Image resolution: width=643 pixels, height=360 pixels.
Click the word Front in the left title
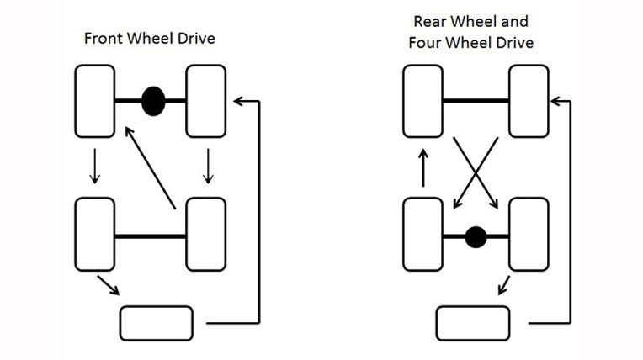pos(101,40)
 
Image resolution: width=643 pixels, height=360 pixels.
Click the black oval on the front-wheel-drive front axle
pos(152,101)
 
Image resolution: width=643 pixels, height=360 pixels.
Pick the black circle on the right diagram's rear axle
pos(476,237)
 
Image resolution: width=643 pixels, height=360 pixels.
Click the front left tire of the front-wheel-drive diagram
pos(95,101)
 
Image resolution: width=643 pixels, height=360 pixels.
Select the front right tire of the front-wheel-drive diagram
pos(205,101)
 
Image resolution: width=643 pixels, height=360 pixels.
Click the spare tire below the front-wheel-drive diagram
pos(157,321)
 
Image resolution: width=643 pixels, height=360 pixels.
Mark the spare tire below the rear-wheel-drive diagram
pos(473,322)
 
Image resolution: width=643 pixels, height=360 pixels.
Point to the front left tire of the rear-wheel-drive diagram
pos(423,101)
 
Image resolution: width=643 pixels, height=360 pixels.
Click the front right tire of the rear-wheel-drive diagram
pos(529,101)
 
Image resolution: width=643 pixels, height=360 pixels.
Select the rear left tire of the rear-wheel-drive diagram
pos(423,236)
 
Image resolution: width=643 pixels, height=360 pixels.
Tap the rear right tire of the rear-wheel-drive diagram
pos(529,236)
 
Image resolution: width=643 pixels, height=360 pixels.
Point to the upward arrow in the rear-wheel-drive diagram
pos(423,167)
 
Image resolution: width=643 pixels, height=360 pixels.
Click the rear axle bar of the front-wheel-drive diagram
pos(150,237)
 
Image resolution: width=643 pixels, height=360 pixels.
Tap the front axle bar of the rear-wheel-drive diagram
pos(476,101)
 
